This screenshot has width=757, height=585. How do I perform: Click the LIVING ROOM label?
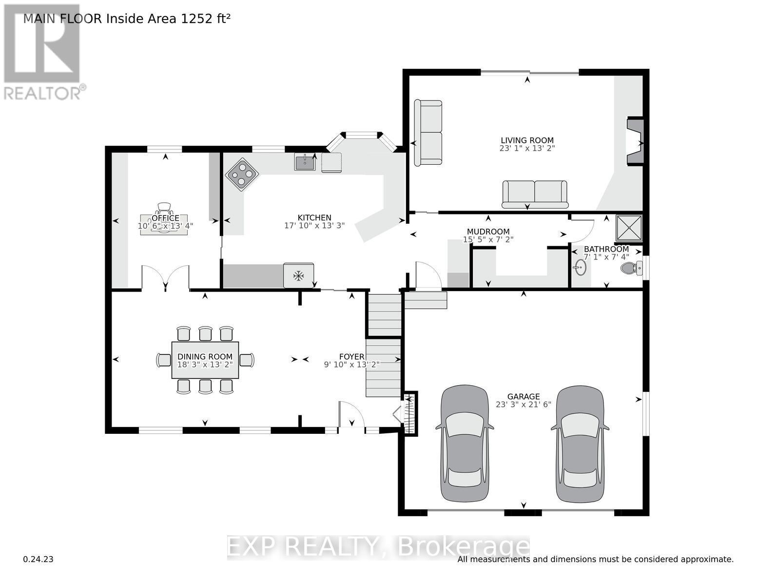coord(527,140)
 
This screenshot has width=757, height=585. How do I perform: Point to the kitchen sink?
coord(305,162)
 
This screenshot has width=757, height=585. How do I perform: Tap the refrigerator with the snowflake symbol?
coord(298,275)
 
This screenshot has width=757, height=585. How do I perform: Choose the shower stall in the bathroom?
coord(629,228)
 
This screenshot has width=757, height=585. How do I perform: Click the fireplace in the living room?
coord(635,142)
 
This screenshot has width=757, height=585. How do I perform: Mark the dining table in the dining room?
coord(205,360)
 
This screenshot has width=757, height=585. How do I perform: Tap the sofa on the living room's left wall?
coord(428,133)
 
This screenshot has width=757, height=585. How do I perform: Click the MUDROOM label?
coord(488,232)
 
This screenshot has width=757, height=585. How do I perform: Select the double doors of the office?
coord(165,278)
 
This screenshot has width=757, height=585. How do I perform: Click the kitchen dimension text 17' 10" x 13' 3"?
coord(314,226)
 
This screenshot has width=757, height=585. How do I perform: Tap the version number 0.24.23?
coord(38,559)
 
